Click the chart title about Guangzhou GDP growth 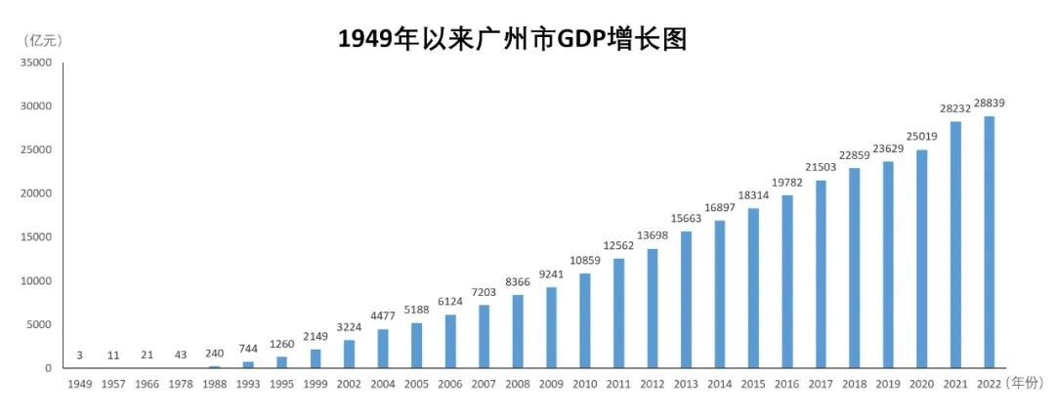pos(513,39)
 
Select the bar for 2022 pos(990,242)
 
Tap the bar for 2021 pos(956,244)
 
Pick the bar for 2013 pos(687,300)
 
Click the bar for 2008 pos(518,331)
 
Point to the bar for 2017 pos(822,274)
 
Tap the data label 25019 pos(922,137)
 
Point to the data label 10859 pos(585,261)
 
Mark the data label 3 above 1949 pos(79,355)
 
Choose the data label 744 pos(248,349)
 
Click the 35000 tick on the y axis pos(36,63)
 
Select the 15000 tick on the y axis pos(36,237)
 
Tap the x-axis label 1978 pos(181,385)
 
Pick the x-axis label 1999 pos(316,385)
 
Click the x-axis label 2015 pos(753,385)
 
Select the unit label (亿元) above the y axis pos(42,40)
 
